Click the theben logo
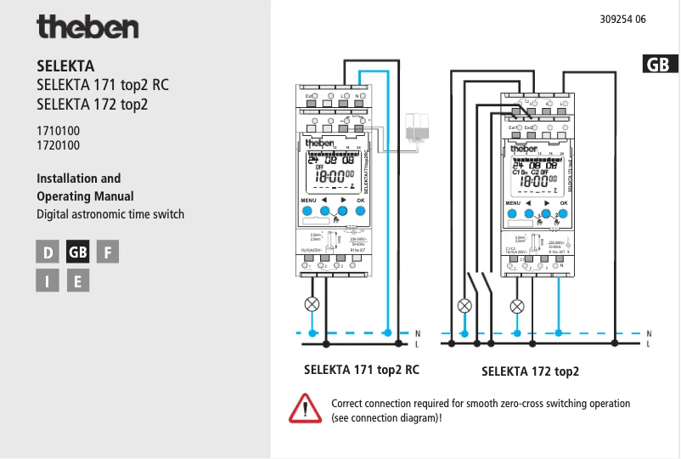[87, 27]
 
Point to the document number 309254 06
[622, 20]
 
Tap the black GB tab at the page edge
[660, 65]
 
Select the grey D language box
[48, 252]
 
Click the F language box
[107, 252]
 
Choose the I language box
[48, 280]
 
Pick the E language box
[77, 280]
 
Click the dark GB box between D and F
[77, 252]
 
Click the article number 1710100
[59, 131]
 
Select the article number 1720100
[59, 145]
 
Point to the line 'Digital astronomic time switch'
[110, 214]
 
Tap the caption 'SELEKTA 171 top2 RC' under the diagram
[362, 370]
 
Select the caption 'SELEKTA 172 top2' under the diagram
[530, 371]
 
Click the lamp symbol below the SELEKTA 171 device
[312, 303]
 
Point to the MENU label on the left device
[308, 201]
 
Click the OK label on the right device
[563, 203]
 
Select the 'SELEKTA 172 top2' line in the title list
[93, 105]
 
